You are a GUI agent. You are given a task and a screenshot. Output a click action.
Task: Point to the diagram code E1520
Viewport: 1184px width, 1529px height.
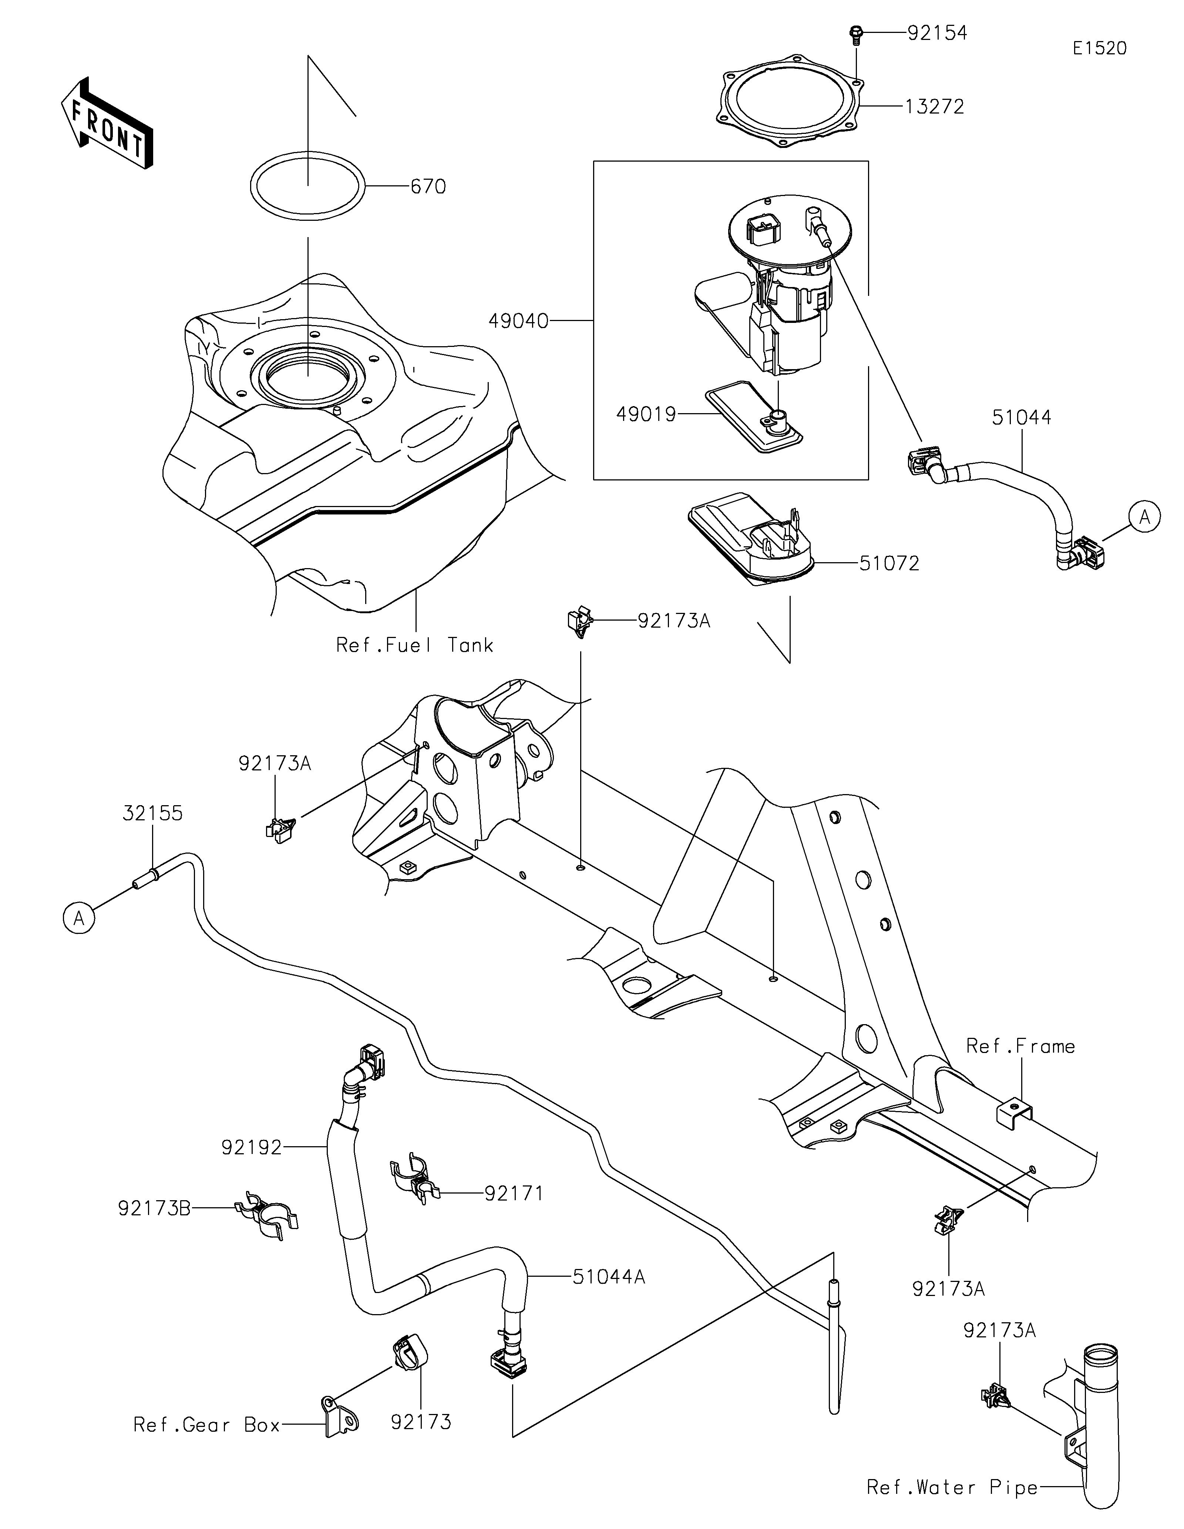(1099, 48)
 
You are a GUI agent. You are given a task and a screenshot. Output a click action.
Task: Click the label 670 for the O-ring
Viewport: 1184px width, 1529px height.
(428, 187)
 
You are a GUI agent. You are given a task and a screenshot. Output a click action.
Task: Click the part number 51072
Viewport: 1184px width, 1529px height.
(889, 563)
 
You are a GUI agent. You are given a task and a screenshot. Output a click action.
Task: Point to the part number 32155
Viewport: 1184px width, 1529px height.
(153, 814)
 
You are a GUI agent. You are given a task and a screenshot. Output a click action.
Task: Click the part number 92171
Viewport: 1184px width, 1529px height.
(514, 1193)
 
